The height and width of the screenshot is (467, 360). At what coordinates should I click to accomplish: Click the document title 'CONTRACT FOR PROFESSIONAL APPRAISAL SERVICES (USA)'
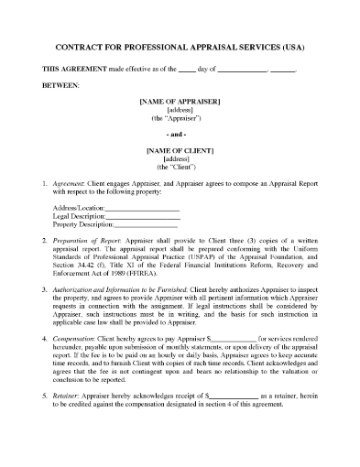click(x=180, y=48)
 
